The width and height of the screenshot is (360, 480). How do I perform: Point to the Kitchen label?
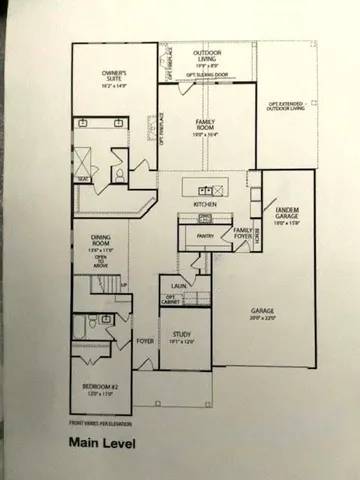click(x=206, y=204)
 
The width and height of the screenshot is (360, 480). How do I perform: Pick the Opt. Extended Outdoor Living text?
click(x=285, y=106)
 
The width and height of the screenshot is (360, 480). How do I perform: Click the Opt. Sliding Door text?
click(x=206, y=76)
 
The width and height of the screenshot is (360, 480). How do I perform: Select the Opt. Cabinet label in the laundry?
click(x=173, y=299)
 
